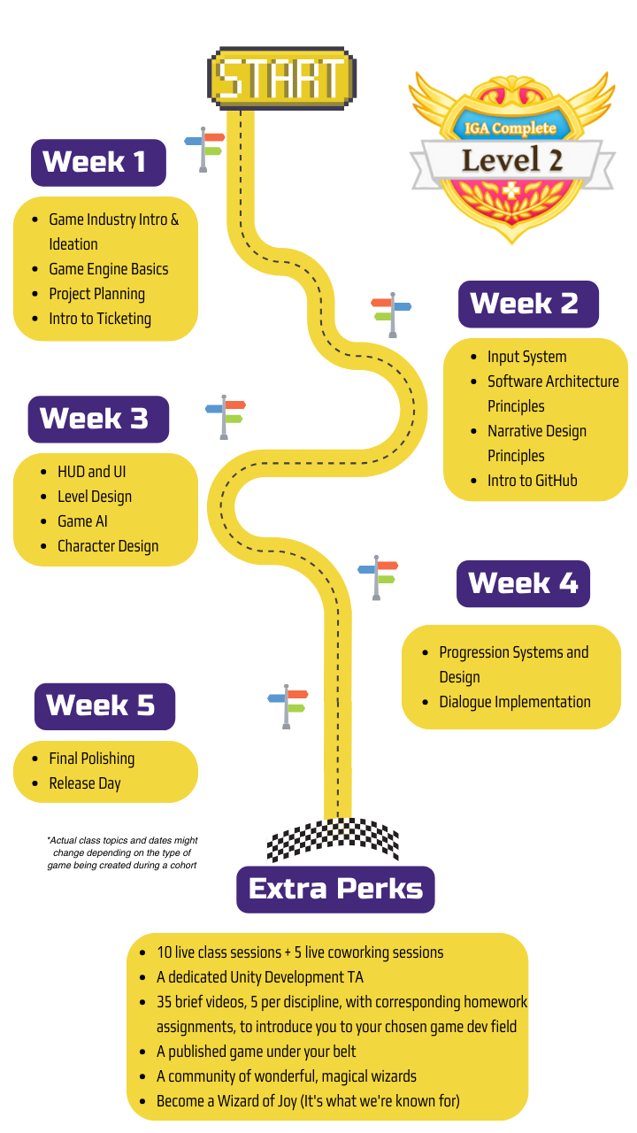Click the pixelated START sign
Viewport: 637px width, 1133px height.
(281, 79)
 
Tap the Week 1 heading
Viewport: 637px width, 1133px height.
(98, 162)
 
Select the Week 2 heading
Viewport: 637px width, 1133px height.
(528, 304)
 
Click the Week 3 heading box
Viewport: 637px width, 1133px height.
(98, 419)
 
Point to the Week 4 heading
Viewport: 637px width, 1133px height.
(523, 583)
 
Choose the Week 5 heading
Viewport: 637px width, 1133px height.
(104, 705)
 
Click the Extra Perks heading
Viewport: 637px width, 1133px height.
(335, 889)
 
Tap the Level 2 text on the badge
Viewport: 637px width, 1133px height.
(512, 159)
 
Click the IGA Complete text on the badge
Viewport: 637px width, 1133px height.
(510, 128)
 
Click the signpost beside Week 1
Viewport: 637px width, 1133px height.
(205, 149)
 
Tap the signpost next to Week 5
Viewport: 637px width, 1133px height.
(288, 705)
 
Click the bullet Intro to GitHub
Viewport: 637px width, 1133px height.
(532, 481)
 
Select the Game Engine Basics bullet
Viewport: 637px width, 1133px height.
(108, 269)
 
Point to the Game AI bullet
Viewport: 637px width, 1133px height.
(82, 521)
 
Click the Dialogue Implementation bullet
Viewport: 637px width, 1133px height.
(514, 702)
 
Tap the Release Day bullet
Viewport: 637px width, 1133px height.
(85, 783)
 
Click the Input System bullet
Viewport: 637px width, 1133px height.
(526, 357)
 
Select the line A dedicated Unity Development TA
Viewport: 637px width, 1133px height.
(260, 977)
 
